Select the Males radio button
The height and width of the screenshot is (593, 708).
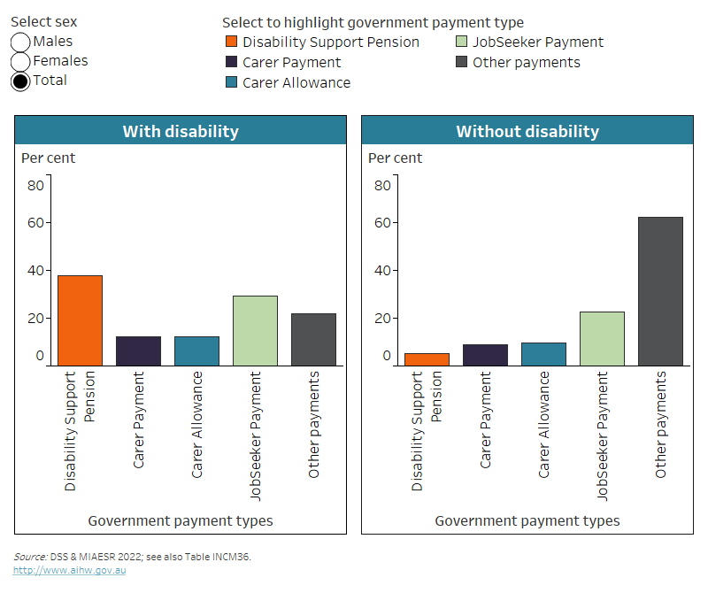[20, 42]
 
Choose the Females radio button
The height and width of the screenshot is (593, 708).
[20, 62]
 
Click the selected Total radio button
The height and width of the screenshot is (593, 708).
[20, 81]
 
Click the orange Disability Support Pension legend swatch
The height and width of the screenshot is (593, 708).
[231, 42]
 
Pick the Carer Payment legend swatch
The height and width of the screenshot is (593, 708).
[231, 63]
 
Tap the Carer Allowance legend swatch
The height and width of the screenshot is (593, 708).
[231, 83]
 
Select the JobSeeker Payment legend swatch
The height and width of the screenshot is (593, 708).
[461, 42]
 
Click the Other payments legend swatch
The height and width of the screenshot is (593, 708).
[461, 63]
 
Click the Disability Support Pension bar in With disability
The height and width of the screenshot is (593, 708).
[80, 320]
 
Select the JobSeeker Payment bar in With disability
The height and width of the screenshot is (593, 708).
[255, 330]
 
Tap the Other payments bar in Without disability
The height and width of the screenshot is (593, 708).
[660, 291]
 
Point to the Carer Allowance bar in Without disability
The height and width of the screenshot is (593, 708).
[543, 354]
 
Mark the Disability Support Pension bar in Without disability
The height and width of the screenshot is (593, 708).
[427, 359]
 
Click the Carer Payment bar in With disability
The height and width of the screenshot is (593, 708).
[138, 351]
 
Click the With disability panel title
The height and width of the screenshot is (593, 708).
[181, 131]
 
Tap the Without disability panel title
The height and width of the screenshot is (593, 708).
[527, 131]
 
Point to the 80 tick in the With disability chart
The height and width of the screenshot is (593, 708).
[35, 186]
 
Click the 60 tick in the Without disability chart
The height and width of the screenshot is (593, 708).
[382, 223]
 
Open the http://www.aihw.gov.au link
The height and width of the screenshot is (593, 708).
[70, 571]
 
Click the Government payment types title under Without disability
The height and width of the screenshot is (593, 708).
[527, 521]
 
